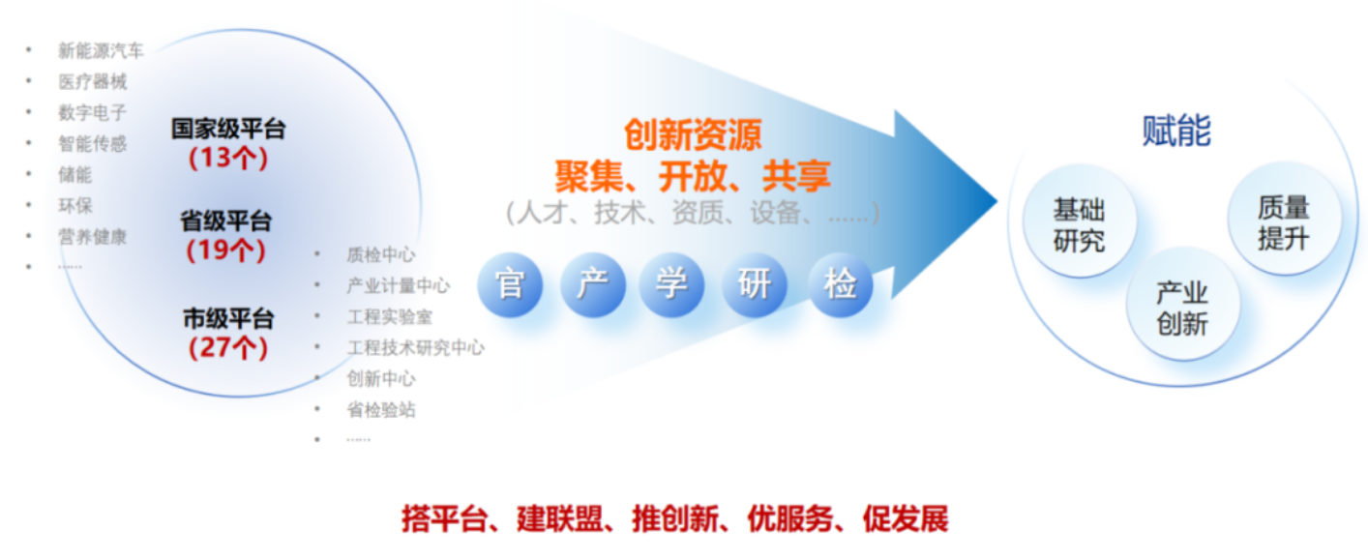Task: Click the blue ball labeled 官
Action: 510,285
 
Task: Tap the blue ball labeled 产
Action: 593,285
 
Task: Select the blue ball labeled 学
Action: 671,285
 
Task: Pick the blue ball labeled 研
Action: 755,285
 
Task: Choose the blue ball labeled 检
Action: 841,285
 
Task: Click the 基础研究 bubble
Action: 1079,222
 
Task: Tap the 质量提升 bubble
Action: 1284,220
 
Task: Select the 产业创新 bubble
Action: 1182,306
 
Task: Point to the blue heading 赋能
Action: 1176,131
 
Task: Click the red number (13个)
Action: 227,158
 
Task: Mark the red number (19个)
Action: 226,250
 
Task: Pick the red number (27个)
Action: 227,348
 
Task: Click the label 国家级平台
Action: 228,129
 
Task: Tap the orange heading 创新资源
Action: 693,134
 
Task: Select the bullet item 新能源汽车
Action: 101,50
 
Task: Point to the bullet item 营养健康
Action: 92,237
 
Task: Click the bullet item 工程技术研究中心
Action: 415,348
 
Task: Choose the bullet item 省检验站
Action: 381,409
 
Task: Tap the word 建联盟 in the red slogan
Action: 559,519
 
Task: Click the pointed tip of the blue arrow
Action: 996,200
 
